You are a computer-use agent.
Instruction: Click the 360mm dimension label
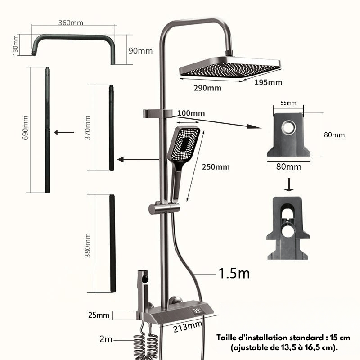click(x=71, y=23)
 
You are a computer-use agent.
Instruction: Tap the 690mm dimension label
click(x=25, y=128)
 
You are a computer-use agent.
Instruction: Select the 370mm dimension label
click(x=87, y=128)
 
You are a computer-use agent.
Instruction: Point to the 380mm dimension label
click(x=87, y=245)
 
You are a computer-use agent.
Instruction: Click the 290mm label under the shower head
click(x=207, y=88)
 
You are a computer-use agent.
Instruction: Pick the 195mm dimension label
click(x=268, y=82)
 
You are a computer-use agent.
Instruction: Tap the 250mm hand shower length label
click(x=216, y=167)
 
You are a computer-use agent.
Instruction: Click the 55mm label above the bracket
click(x=288, y=103)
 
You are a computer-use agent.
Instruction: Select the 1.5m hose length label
click(x=234, y=273)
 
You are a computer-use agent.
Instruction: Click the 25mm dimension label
click(x=99, y=315)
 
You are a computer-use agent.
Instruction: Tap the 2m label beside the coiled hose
click(x=106, y=339)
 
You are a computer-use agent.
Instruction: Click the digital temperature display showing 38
click(x=197, y=311)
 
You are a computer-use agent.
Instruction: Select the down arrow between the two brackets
click(x=289, y=184)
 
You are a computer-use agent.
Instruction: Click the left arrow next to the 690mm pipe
click(x=64, y=132)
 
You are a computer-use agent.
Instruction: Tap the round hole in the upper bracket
click(x=289, y=127)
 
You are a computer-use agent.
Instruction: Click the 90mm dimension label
click(x=140, y=51)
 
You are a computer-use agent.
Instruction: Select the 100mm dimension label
click(x=191, y=113)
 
